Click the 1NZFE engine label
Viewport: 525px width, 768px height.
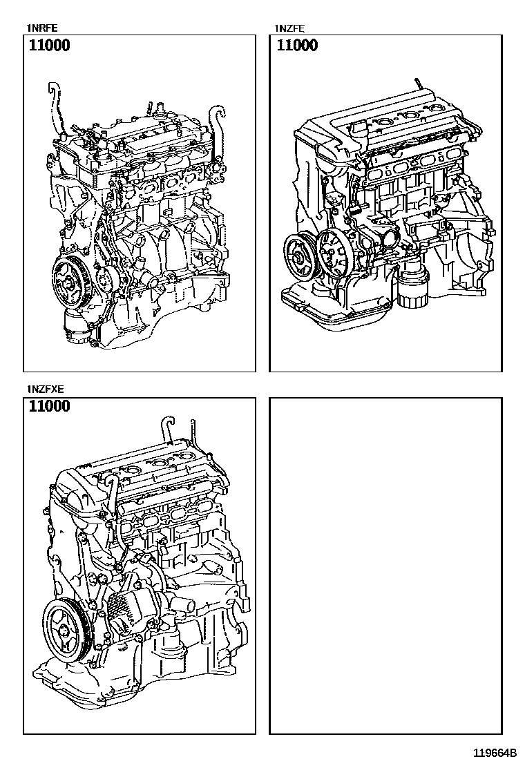(x=288, y=28)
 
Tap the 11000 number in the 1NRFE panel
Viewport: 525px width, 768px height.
(x=50, y=46)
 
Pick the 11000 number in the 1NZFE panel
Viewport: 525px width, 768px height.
(x=297, y=46)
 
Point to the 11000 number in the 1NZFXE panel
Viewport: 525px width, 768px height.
(x=50, y=407)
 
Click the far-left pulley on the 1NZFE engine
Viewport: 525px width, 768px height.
(x=298, y=258)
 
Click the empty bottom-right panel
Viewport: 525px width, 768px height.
(x=385, y=565)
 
